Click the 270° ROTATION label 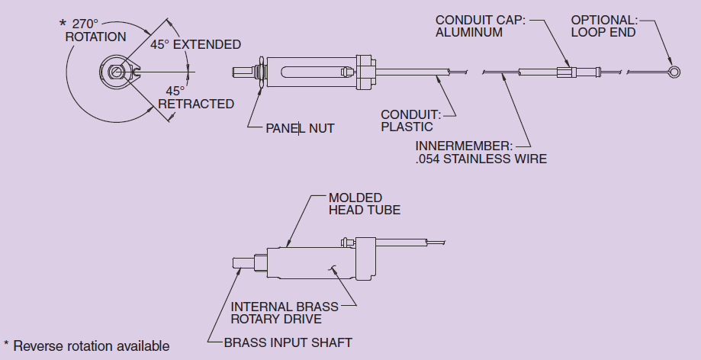(95, 30)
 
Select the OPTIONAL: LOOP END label (603, 26)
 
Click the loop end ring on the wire (672, 73)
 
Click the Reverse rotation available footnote (87, 346)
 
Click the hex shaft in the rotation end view (114, 73)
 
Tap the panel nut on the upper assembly (261, 72)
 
